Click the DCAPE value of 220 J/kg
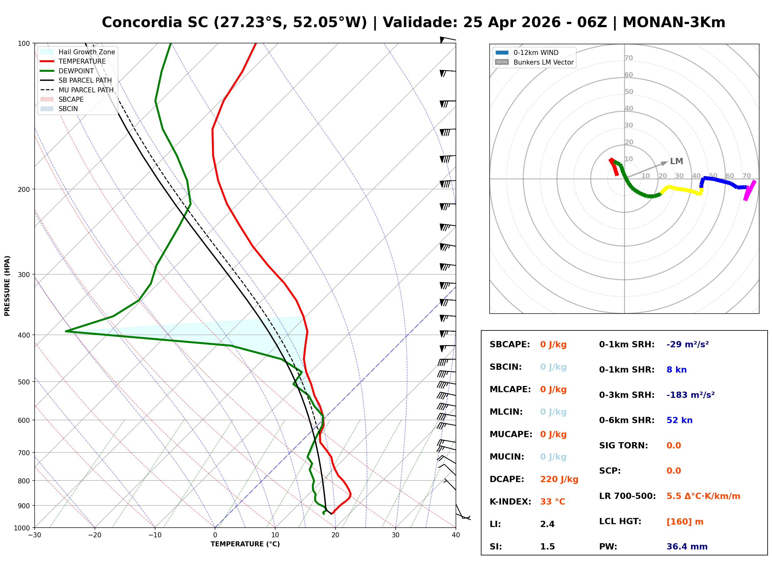(x=559, y=479)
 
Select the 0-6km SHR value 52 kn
(x=679, y=420)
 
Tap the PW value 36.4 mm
(x=686, y=546)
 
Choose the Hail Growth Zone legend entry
(x=86, y=52)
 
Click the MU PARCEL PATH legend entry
(x=86, y=90)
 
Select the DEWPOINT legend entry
(x=76, y=71)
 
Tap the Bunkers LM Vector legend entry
(x=543, y=62)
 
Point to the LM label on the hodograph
(x=676, y=161)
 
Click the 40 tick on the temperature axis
(x=456, y=535)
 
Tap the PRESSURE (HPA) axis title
(x=7, y=285)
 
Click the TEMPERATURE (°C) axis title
(x=245, y=544)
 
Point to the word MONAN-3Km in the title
(x=673, y=22)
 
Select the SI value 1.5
(x=547, y=546)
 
